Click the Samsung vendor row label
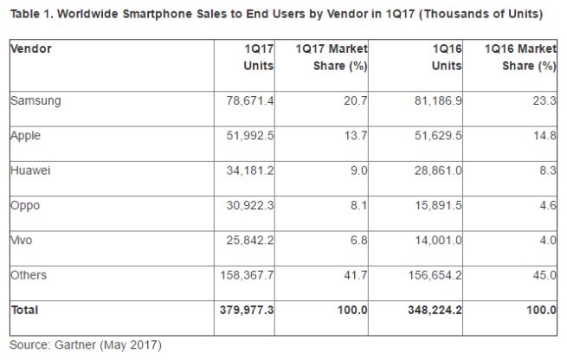[35, 100]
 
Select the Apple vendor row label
[25, 136]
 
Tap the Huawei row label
[30, 170]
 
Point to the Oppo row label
[25, 205]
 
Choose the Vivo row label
[23, 240]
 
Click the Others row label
[29, 274]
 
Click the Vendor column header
[31, 48]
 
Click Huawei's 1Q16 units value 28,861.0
[438, 171]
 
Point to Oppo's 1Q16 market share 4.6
[545, 206]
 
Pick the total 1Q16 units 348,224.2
[432, 310]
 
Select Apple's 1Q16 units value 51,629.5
[438, 137]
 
